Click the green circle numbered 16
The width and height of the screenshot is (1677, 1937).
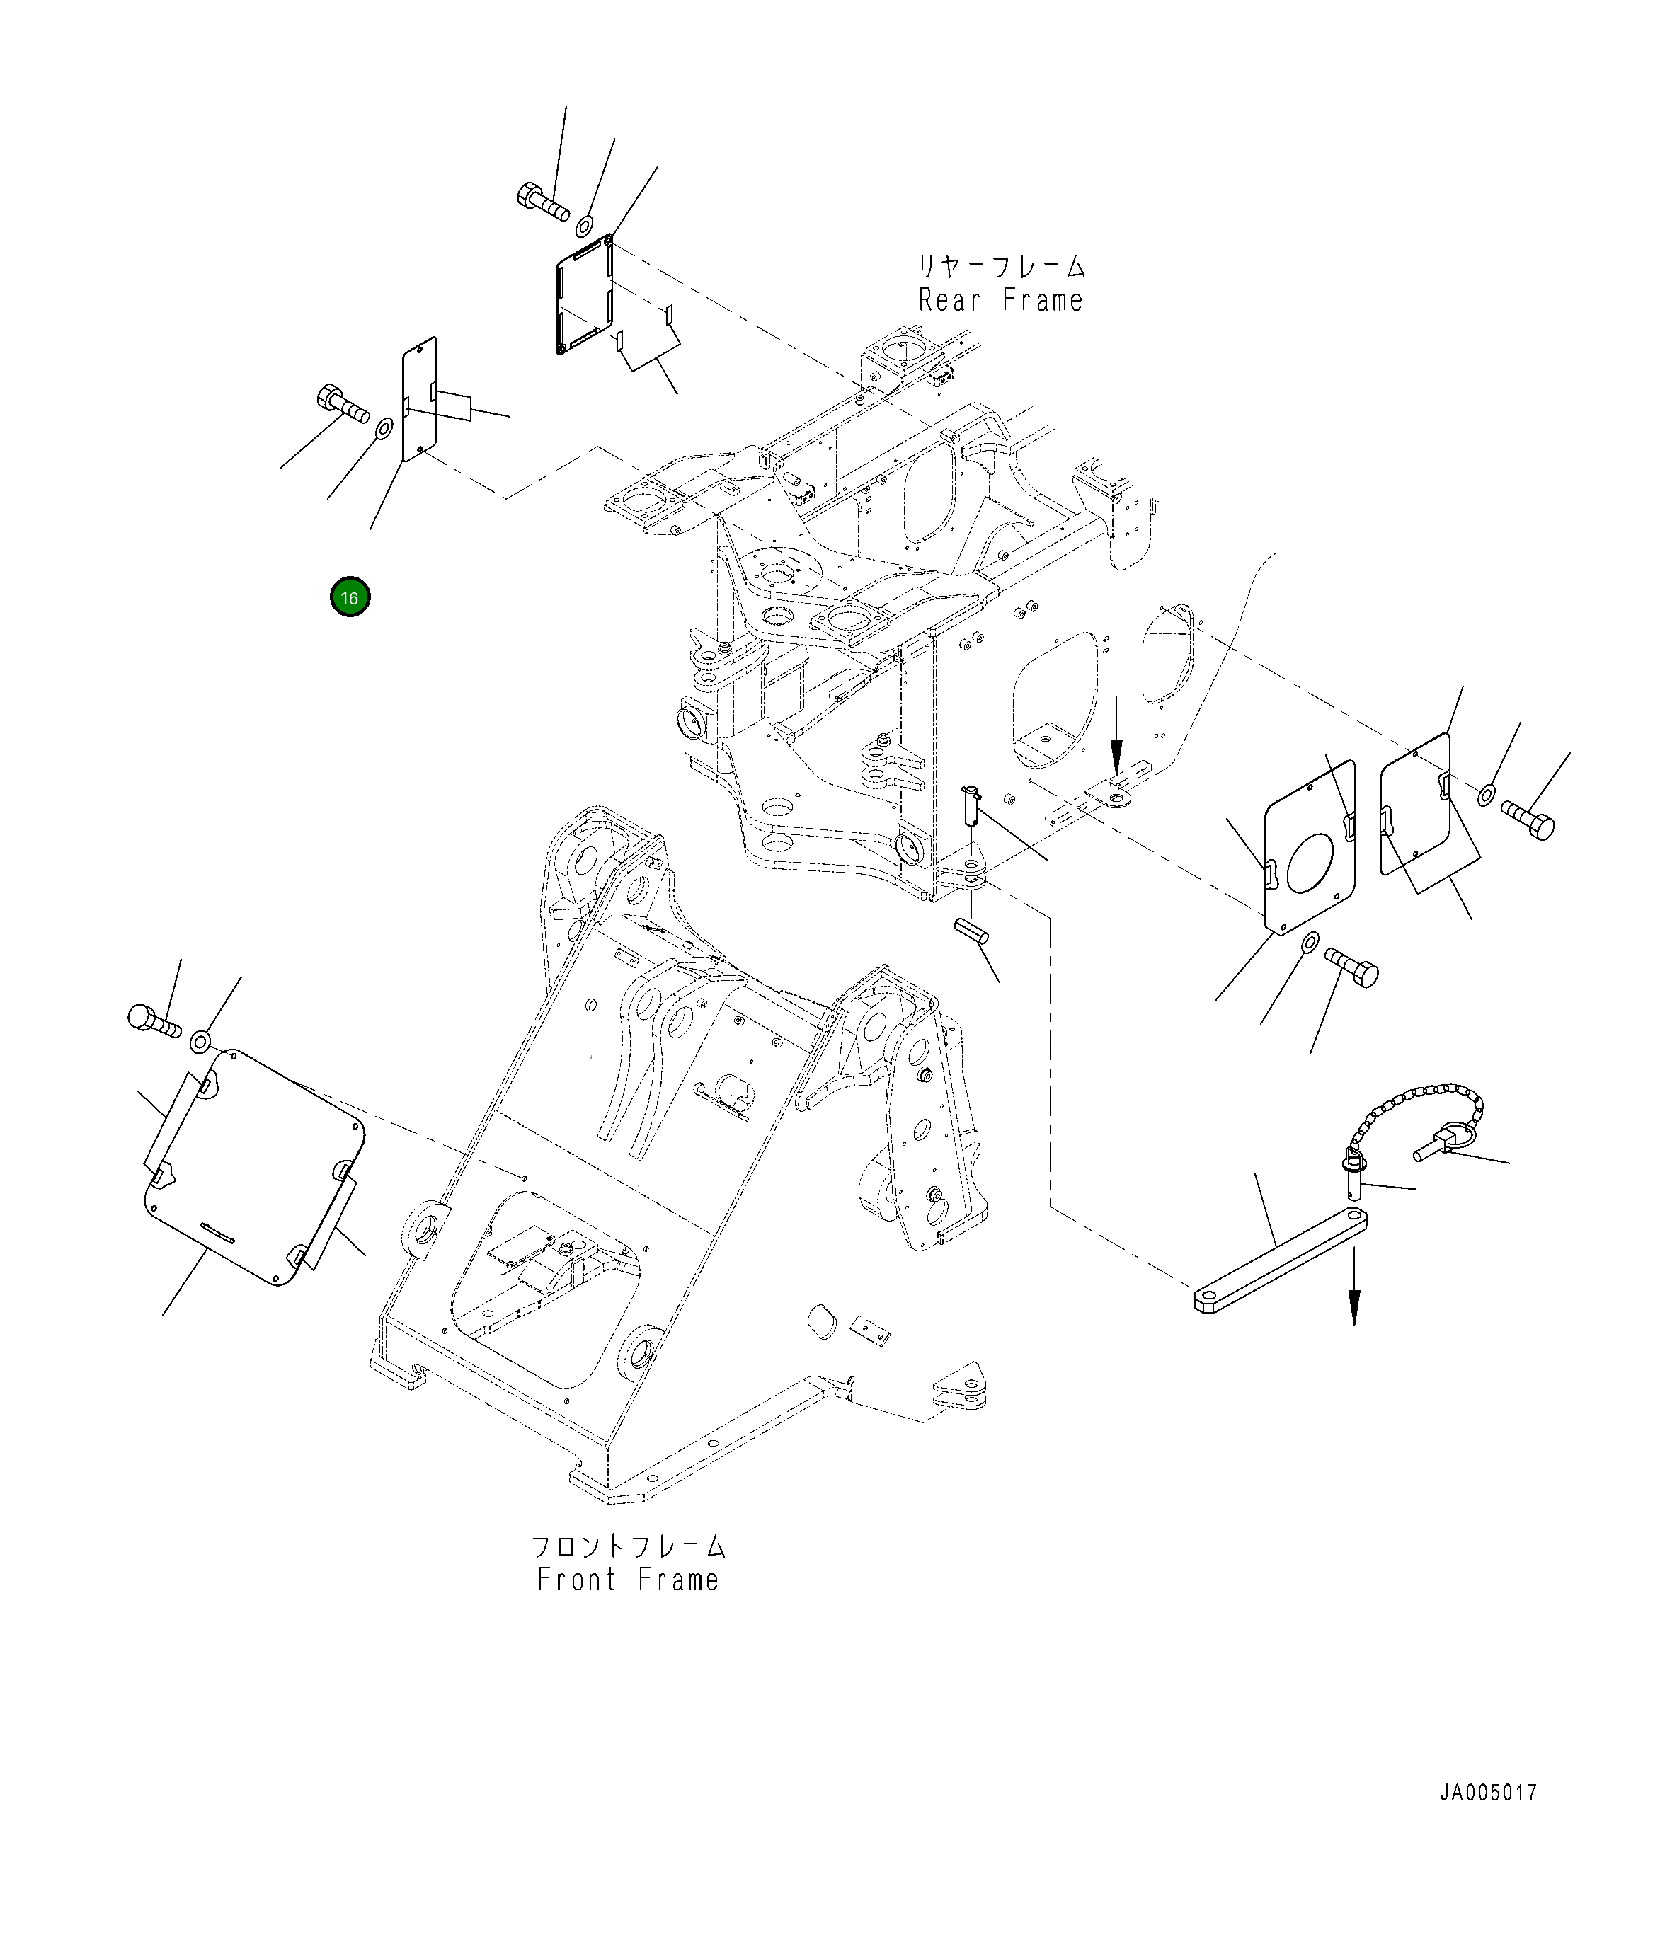[349, 598]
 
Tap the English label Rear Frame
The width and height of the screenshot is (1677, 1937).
[1000, 300]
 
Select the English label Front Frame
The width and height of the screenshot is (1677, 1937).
[628, 1580]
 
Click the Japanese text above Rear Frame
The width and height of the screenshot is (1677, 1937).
[1000, 267]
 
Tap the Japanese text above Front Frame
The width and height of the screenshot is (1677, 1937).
[628, 1545]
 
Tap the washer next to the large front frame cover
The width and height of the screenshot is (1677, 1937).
[200, 1040]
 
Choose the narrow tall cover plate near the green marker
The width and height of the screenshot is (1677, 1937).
[419, 400]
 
